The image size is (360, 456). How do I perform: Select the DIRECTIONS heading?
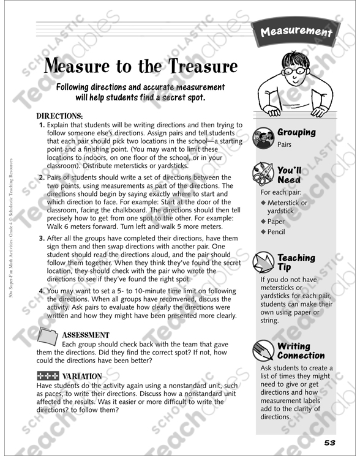coord(60,116)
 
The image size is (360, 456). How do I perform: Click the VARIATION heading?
coord(81,376)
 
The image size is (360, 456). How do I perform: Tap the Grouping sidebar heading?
coord(296,132)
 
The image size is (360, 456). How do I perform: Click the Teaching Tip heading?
coord(296,262)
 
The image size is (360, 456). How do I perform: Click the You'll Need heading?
coord(289,175)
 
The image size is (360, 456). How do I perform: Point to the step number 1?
coord(42,125)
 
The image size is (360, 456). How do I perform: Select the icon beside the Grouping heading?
coord(264,138)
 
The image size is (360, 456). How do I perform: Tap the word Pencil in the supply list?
coord(276,232)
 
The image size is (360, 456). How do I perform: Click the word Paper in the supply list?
coord(276,222)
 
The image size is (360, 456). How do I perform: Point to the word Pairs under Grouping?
coord(285,146)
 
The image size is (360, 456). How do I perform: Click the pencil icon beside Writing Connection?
coord(264,350)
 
